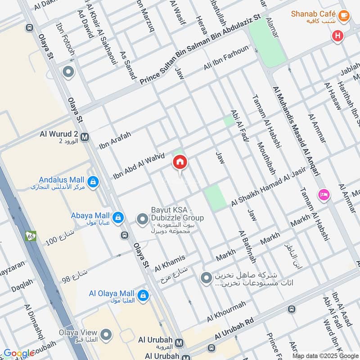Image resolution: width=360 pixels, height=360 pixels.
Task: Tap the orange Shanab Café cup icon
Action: tap(344, 15)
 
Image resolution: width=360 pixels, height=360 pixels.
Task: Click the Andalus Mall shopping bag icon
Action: tap(93, 182)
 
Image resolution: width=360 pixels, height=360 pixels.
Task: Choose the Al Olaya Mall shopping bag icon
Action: tap(143, 295)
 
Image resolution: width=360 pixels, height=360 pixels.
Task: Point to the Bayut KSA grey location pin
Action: tap(142, 220)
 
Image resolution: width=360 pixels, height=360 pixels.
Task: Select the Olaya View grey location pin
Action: tap(106, 334)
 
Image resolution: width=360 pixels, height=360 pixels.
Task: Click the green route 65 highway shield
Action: tap(31, 236)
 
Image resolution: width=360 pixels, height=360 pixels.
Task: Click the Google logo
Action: tap(19, 353)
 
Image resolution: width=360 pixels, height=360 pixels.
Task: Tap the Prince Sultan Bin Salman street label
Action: tap(200, 49)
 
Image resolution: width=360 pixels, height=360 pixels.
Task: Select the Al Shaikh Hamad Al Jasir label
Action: tap(268, 187)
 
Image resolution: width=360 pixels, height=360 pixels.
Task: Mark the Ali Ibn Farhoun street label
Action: tap(226, 58)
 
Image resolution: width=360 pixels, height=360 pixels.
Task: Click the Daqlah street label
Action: tap(22, 283)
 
